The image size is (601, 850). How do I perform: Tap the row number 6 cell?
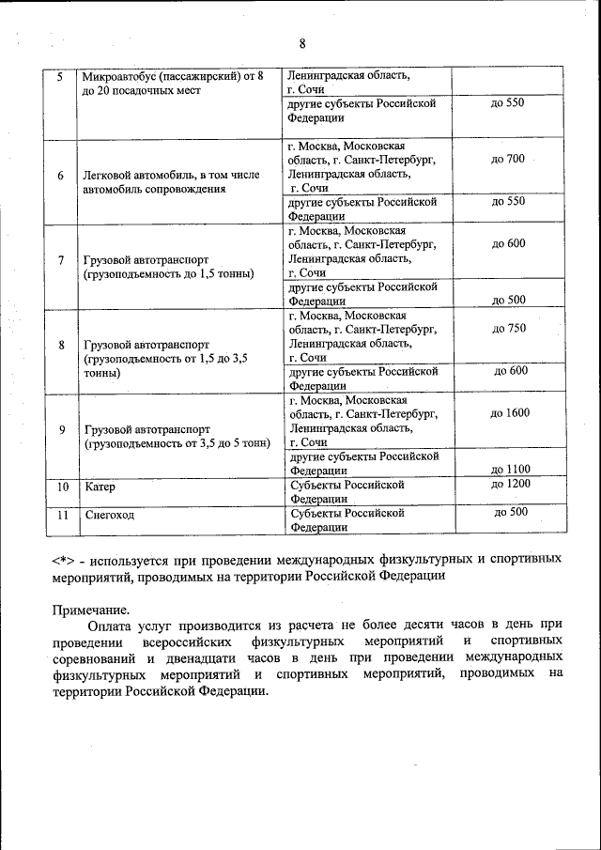(x=61, y=175)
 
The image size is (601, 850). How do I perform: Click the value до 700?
(x=507, y=160)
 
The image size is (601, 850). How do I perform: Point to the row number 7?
(x=61, y=260)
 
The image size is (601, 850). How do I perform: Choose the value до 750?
(x=508, y=329)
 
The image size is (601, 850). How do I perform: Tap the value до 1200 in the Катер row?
(x=510, y=484)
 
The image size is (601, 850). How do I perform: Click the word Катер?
(x=100, y=487)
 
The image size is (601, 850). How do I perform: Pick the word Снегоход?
(x=110, y=514)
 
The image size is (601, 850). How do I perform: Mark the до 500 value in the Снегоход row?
(x=511, y=512)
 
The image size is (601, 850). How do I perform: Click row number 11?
(x=62, y=514)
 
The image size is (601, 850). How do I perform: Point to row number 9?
(x=61, y=429)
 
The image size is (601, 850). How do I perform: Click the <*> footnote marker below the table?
(x=65, y=559)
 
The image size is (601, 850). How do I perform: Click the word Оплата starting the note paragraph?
(x=108, y=625)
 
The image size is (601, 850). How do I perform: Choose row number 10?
(x=62, y=487)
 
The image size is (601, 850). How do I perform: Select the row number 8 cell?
(x=61, y=345)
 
